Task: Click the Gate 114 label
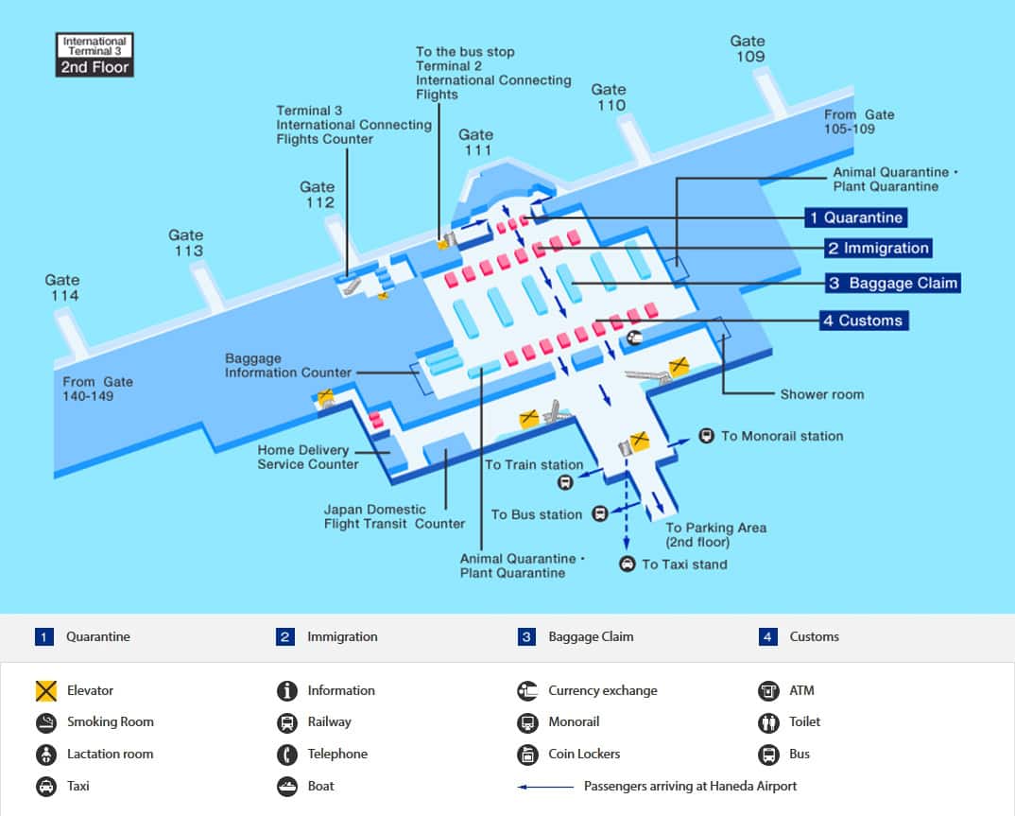point(62,287)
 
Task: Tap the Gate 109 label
point(747,48)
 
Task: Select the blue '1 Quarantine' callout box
point(855,217)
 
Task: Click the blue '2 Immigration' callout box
point(878,248)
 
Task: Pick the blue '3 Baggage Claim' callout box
point(893,283)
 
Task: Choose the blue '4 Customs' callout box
point(862,321)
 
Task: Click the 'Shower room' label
point(821,394)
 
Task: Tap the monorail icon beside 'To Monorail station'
point(706,436)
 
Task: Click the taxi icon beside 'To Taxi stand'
point(628,564)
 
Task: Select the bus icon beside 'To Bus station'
point(600,514)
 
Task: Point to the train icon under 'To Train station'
point(564,482)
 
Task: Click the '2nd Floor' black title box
point(95,67)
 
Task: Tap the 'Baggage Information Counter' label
point(287,366)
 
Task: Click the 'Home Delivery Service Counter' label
point(307,457)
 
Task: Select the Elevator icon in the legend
point(46,691)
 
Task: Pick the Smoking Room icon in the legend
point(46,722)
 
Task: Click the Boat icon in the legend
point(287,786)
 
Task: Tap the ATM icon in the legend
point(768,691)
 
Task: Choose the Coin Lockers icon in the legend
point(527,755)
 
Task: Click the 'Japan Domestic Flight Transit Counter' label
point(394,516)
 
